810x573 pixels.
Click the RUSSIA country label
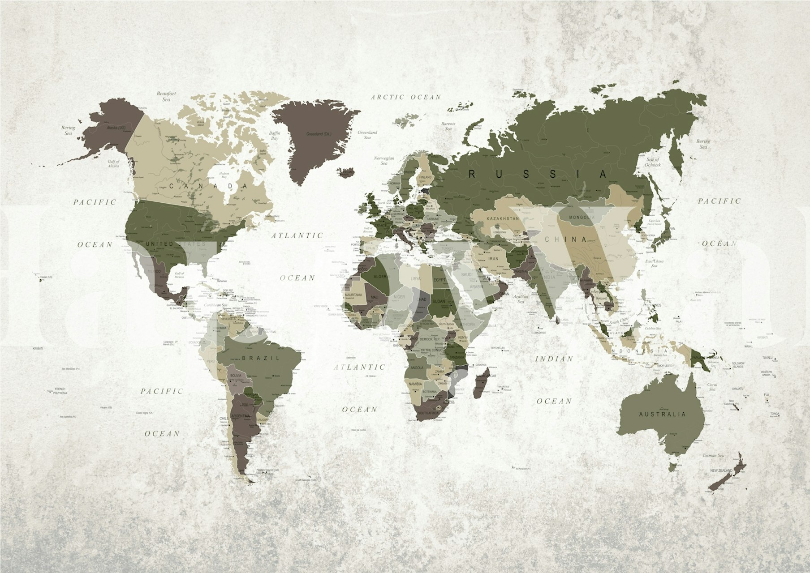click(x=538, y=174)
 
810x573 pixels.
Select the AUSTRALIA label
click(x=662, y=414)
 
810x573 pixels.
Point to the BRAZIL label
click(x=261, y=358)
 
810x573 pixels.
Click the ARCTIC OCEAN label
click(x=406, y=97)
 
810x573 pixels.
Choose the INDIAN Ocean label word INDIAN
click(x=554, y=359)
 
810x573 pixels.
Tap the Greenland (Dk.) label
click(x=319, y=134)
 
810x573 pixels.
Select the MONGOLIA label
click(x=582, y=218)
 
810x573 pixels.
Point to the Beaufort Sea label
click(x=166, y=96)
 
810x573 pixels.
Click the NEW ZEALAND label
click(x=721, y=470)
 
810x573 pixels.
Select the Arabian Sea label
click(x=521, y=299)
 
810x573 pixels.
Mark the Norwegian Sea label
click(x=384, y=161)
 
